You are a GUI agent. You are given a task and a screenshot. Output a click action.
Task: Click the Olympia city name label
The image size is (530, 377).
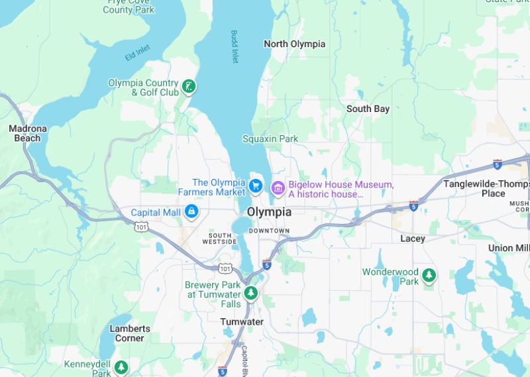coord(268,212)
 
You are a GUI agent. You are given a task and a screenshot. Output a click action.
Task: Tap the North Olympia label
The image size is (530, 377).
coord(294,44)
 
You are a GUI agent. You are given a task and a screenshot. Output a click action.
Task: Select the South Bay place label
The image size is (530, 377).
coord(368,109)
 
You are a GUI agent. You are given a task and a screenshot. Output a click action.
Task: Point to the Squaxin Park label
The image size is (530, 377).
coord(270,138)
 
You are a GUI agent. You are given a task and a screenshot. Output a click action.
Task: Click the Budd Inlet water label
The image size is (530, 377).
coord(235,46)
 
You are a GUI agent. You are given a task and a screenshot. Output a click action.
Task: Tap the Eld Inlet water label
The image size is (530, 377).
coord(138,53)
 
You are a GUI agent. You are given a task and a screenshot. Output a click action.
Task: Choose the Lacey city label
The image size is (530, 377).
coord(413,239)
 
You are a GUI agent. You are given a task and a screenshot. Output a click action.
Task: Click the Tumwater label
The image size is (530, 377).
coord(241,322)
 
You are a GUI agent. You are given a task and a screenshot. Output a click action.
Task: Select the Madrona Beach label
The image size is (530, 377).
coord(28,133)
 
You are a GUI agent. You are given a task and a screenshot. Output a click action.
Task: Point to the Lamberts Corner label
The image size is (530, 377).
coord(130,333)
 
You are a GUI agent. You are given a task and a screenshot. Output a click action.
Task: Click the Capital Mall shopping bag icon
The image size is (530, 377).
coord(191,212)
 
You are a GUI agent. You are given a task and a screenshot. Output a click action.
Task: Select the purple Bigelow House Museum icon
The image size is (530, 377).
coord(278,189)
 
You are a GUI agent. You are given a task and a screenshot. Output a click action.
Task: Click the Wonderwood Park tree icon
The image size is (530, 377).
coord(429,275)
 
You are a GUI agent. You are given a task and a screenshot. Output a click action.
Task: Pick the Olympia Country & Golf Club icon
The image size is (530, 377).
coord(189,86)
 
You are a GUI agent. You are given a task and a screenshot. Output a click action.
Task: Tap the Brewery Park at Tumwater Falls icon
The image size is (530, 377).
coord(250,292)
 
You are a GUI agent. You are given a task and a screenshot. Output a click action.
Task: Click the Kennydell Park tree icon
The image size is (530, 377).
coord(121,366)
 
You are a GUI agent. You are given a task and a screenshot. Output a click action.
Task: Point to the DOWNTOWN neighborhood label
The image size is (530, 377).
coord(269,231)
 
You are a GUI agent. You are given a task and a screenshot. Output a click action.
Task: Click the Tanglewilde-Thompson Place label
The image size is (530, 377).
coord(486,188)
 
